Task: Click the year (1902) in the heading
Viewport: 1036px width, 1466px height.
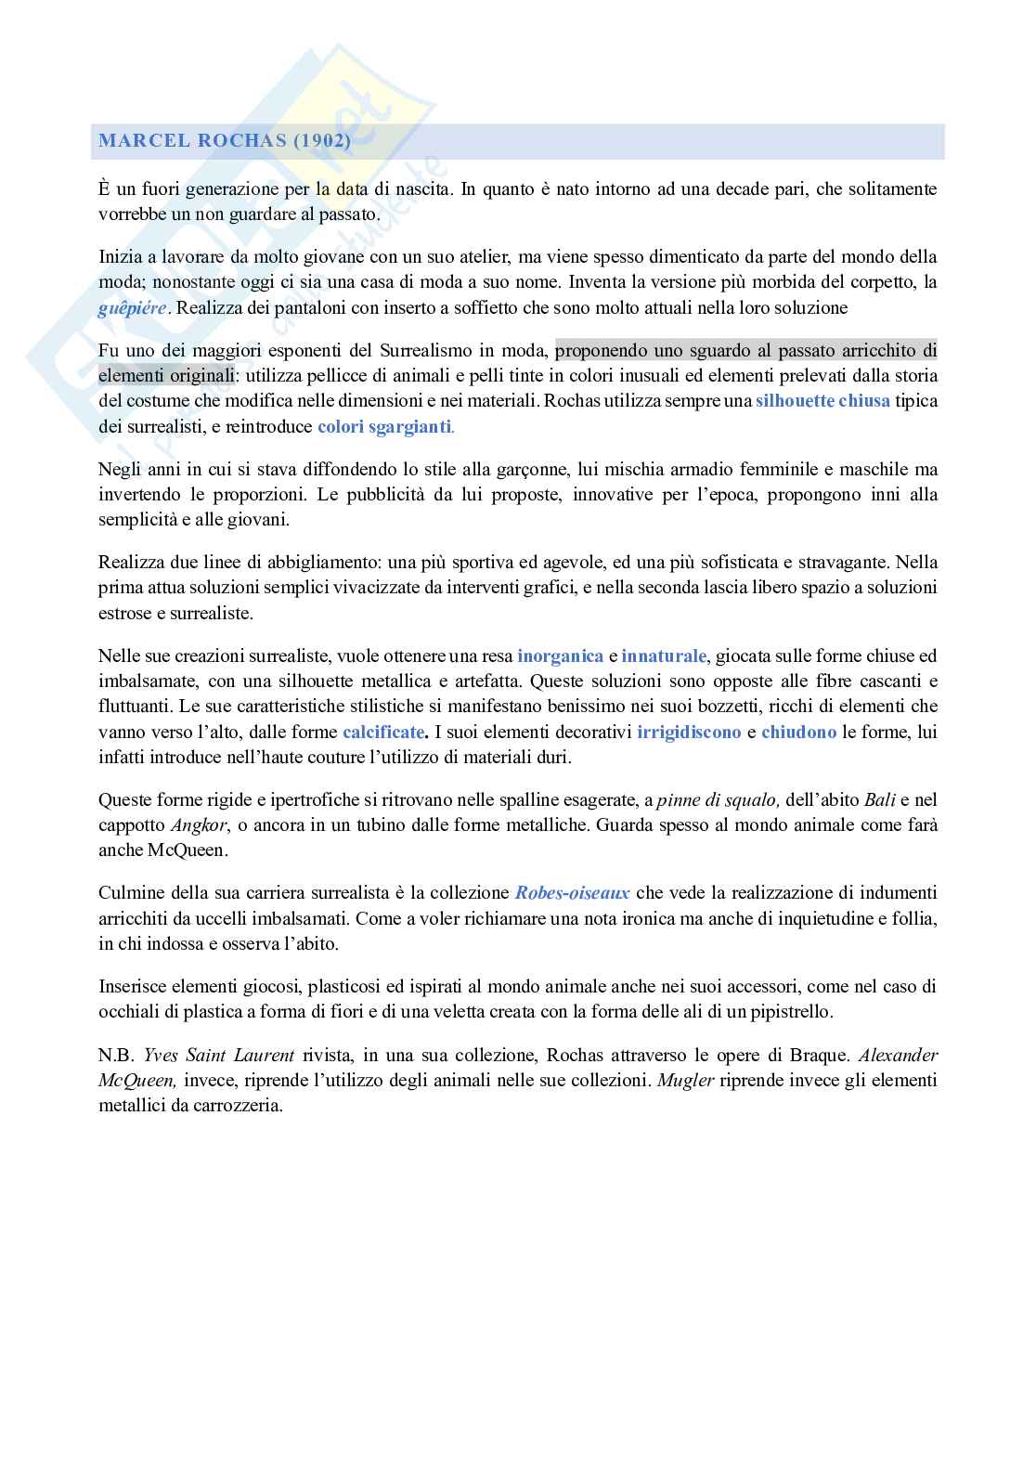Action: (x=322, y=141)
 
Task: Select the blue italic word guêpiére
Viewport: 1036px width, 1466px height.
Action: (x=133, y=308)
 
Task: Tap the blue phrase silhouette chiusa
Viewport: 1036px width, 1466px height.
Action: (x=822, y=401)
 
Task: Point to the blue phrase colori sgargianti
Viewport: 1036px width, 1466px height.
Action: (x=384, y=427)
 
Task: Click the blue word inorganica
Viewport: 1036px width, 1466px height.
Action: (x=560, y=655)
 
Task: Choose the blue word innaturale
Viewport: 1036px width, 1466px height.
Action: (x=664, y=655)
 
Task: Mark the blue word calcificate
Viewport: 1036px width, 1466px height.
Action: (x=383, y=732)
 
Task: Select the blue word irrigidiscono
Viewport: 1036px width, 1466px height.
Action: (x=689, y=732)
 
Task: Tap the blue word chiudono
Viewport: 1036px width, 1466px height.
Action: (x=798, y=732)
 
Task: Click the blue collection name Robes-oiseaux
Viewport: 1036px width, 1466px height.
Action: (x=572, y=893)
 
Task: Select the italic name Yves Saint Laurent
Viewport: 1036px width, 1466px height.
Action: (x=219, y=1056)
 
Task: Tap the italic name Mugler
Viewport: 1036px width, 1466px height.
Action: (x=685, y=1081)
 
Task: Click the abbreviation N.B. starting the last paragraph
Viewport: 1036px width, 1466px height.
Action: (x=117, y=1056)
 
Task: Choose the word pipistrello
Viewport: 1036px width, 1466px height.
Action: (x=788, y=1012)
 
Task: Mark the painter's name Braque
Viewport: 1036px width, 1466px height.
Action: (x=821, y=1056)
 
